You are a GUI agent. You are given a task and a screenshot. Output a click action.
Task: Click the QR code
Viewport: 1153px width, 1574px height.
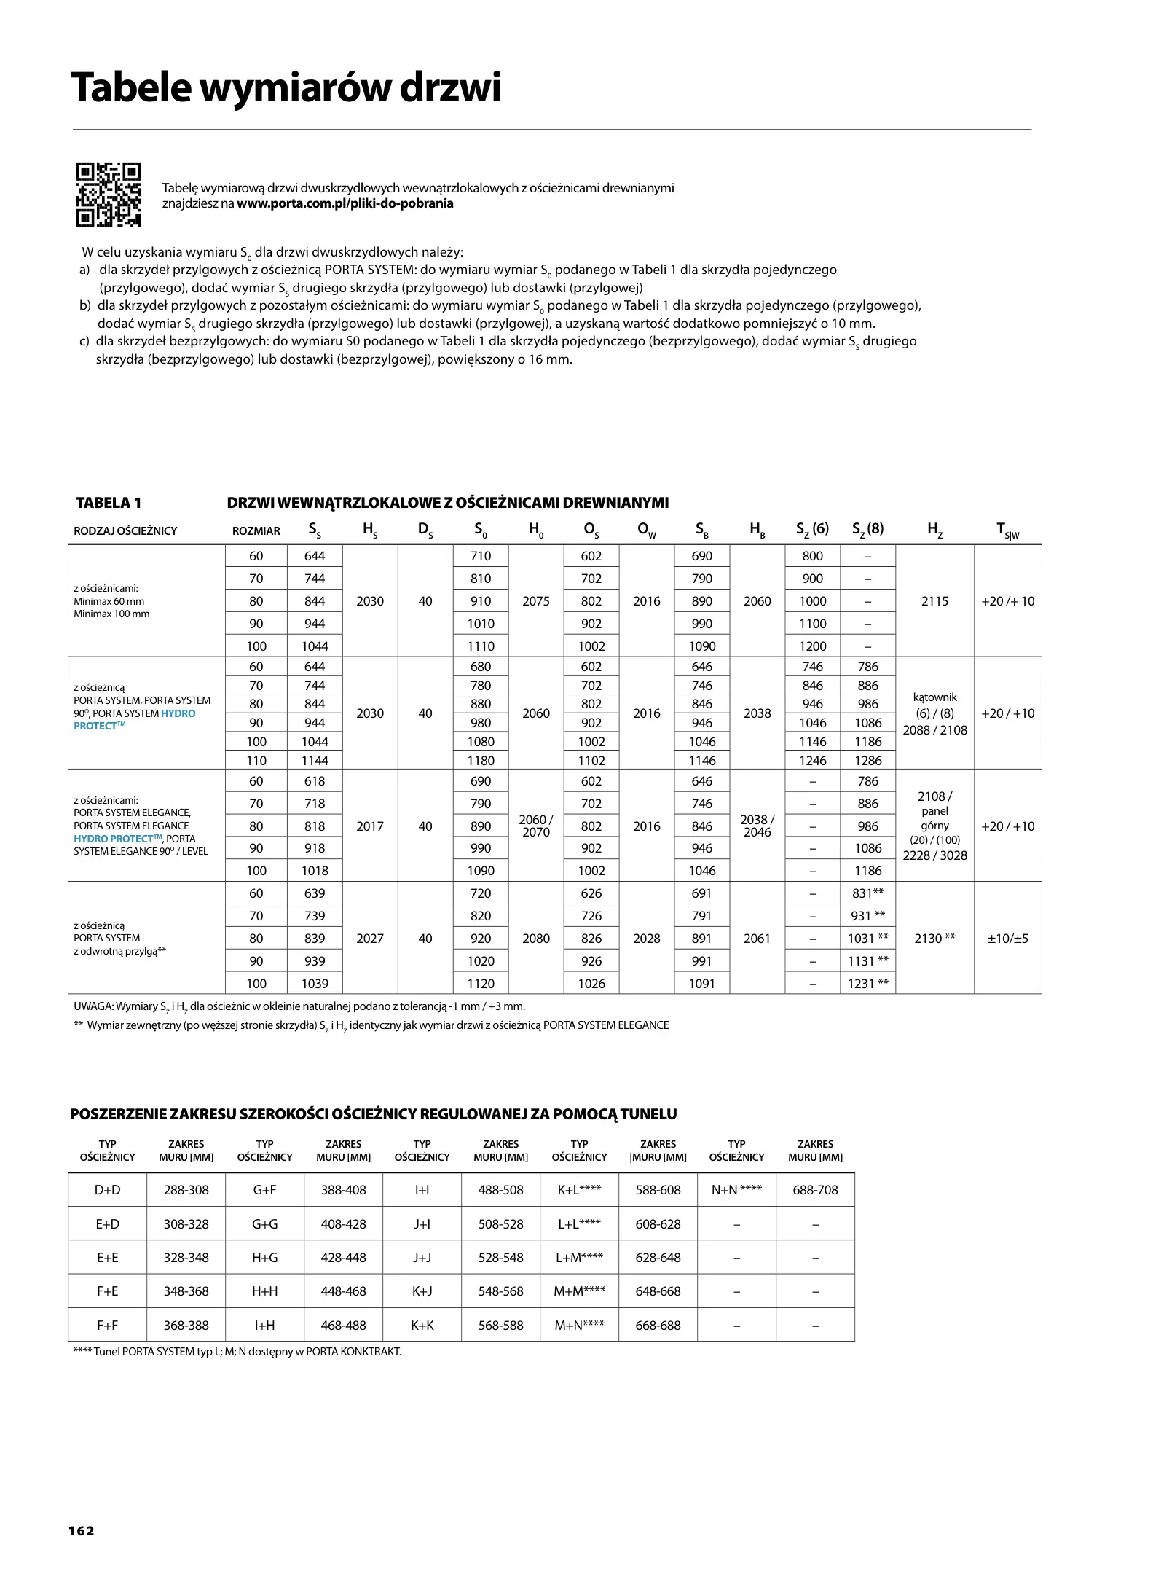coord(108,194)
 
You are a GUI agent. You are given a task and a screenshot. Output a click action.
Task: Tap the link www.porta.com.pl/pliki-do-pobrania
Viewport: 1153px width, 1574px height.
coord(345,203)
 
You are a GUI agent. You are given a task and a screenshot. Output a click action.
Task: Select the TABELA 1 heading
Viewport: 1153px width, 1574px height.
coord(109,503)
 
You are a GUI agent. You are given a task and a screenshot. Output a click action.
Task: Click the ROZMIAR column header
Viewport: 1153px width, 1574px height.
coord(256,531)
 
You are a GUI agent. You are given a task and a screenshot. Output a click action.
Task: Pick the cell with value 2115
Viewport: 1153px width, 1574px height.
coord(934,601)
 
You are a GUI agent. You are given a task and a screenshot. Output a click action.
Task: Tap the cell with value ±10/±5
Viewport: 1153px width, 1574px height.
coord(1007,939)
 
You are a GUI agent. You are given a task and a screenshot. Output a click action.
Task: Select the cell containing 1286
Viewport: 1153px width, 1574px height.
coord(867,761)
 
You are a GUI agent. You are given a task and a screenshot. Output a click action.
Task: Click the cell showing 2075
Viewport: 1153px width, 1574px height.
coord(535,601)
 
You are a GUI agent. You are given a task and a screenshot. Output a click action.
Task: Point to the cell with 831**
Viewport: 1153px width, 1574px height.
coord(867,893)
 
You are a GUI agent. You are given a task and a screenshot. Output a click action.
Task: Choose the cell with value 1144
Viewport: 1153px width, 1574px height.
coord(315,761)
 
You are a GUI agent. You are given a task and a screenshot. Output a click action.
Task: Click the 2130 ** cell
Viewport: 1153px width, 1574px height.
coord(934,939)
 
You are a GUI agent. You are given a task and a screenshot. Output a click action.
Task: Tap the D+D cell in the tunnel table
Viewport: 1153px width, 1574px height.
coord(108,1190)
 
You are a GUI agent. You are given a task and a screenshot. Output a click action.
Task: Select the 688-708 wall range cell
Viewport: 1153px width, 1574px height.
coord(815,1190)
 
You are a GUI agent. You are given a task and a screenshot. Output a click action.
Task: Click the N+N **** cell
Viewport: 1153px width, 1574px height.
coord(736,1190)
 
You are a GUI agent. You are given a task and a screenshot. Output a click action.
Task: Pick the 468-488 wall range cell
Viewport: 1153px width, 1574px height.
coord(343,1326)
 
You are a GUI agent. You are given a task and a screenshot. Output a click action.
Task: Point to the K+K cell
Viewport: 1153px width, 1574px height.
coord(422,1326)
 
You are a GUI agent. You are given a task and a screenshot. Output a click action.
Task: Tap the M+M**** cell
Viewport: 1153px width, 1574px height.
coord(579,1291)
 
